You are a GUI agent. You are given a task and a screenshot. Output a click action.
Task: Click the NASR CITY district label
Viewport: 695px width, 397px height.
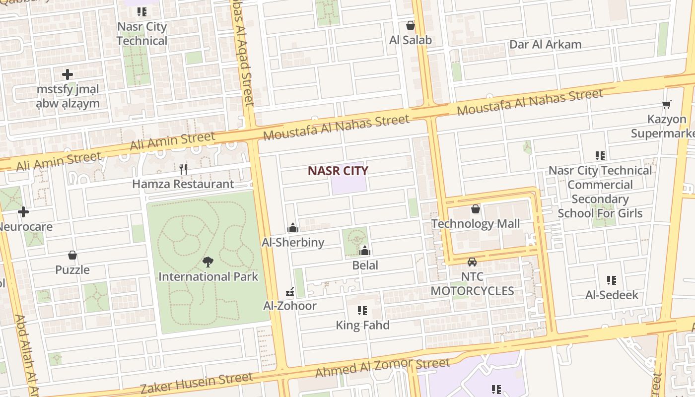[x=338, y=171]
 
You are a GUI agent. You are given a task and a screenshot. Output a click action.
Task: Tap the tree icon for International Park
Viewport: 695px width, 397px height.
[x=208, y=262]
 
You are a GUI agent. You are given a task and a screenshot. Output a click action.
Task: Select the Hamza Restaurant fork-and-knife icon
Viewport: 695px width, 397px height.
[x=183, y=169]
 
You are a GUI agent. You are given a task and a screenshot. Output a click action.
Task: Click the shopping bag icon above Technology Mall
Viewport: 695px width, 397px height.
[x=476, y=209]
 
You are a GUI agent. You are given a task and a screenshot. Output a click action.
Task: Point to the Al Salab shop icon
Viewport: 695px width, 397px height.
[x=411, y=25]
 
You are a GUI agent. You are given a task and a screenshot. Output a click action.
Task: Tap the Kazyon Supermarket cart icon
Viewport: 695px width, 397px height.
[x=667, y=104]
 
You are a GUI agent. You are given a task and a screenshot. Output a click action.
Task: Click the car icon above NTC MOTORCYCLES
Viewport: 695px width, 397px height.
[x=472, y=262]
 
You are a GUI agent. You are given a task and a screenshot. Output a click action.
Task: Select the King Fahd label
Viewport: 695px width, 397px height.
[x=363, y=326]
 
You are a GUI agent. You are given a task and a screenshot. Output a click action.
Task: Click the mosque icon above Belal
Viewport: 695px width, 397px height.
[x=365, y=251]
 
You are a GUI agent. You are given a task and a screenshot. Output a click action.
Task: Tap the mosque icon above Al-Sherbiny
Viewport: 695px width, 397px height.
[x=293, y=228]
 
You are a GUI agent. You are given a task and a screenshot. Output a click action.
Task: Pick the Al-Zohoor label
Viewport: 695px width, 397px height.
[x=290, y=306]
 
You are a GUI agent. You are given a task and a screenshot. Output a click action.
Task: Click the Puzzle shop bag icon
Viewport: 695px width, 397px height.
[x=72, y=256]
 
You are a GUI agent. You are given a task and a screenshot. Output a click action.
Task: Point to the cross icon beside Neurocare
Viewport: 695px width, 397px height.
[x=23, y=212]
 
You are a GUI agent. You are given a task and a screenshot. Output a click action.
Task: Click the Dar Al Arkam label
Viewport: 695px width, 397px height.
[x=545, y=44]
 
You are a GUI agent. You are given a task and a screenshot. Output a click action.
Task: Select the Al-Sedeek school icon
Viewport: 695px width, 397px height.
[x=612, y=280]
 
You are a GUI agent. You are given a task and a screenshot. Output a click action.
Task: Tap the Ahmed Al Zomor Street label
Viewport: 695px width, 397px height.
[x=383, y=367]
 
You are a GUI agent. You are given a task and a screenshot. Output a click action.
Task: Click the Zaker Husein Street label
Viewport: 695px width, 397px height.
[x=197, y=384]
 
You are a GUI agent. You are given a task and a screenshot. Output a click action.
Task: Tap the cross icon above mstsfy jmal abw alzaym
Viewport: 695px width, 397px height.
[x=68, y=74]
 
